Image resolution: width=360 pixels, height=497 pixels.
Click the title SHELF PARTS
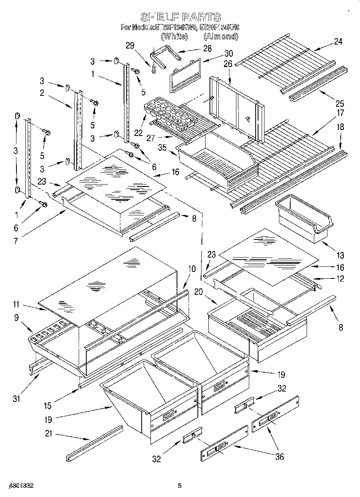click(180, 17)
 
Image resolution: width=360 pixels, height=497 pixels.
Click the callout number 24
click(338, 41)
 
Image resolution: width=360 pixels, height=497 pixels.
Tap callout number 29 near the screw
click(129, 46)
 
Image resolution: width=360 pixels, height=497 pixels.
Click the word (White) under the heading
click(174, 37)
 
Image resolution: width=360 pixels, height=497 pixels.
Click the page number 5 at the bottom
click(179, 486)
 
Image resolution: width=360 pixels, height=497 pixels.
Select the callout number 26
click(228, 63)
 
